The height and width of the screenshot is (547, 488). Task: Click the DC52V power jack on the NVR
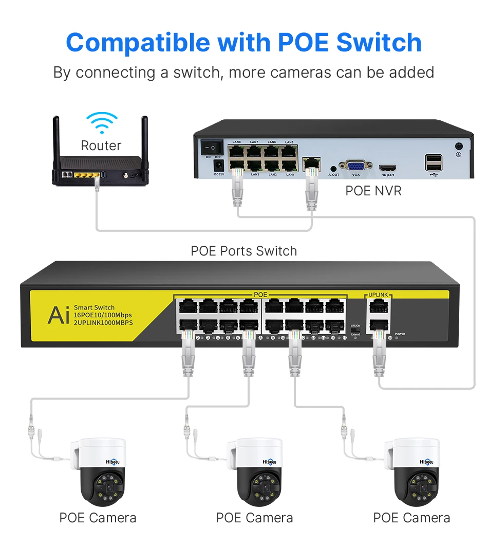click(x=217, y=166)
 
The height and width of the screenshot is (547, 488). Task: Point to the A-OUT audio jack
click(x=334, y=168)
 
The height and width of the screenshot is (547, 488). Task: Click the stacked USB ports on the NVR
click(x=433, y=162)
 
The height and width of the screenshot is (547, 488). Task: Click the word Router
click(x=101, y=146)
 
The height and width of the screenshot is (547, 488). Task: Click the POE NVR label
click(x=373, y=191)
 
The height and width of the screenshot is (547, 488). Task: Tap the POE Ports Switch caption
click(x=243, y=251)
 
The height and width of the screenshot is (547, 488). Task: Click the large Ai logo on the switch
click(x=59, y=315)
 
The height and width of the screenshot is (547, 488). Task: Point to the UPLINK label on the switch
click(x=378, y=295)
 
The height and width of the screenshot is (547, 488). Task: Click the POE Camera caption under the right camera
click(x=411, y=518)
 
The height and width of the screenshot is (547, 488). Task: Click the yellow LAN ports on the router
click(x=84, y=175)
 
